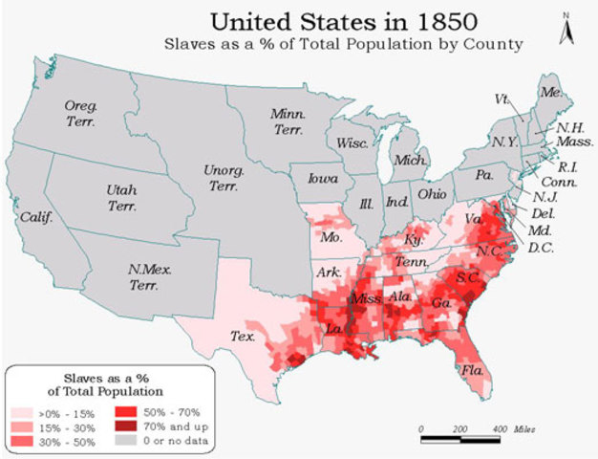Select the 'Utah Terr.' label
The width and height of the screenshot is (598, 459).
coord(120,197)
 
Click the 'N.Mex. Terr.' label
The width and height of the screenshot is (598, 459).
coord(149,276)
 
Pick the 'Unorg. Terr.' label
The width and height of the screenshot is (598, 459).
coord(222,178)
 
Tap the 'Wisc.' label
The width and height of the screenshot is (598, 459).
coord(352,142)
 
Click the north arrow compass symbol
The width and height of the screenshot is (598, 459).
coord(566,30)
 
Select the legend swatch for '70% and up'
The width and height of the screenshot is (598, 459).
coord(126,426)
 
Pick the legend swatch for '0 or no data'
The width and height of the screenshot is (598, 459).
coord(126,441)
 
